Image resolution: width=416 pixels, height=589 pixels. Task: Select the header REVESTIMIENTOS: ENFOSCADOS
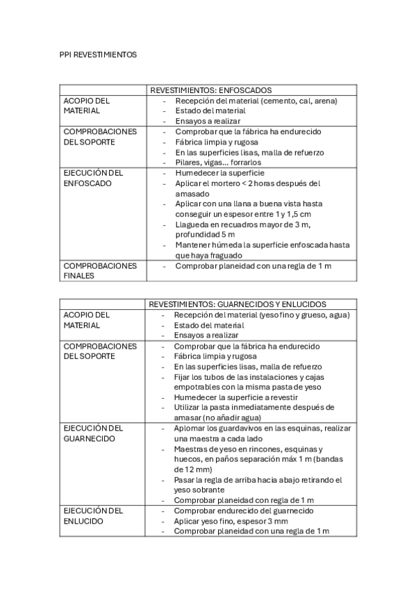pyautogui.click(x=210, y=90)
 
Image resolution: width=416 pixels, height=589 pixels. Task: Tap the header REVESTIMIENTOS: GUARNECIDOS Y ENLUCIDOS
pyautogui.click(x=238, y=304)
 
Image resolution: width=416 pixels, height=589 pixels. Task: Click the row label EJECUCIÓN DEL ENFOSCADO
pyautogui.click(x=93, y=178)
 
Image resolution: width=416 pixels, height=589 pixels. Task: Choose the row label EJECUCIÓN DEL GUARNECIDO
pyautogui.click(x=93, y=434)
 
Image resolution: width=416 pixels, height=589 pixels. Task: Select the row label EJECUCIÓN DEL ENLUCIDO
pyautogui.click(x=93, y=515)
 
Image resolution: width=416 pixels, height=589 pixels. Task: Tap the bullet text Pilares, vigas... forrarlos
pyautogui.click(x=222, y=163)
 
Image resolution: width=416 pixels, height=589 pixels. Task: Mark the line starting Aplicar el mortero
pyautogui.click(x=247, y=183)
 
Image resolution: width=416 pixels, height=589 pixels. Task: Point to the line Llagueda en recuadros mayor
pyautogui.click(x=242, y=224)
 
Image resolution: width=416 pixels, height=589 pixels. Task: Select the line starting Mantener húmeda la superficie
pyautogui.click(x=262, y=244)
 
